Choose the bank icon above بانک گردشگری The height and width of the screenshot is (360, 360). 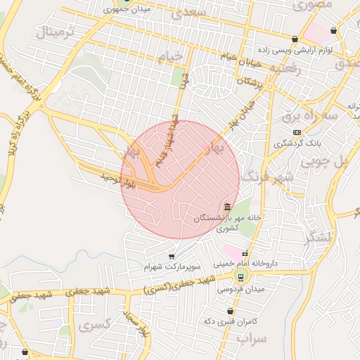[x=297, y=131]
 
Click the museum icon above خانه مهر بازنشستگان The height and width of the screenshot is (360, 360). [x=226, y=207]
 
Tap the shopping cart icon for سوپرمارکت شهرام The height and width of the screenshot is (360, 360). [x=171, y=257]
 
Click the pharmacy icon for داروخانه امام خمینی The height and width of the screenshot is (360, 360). [x=245, y=254]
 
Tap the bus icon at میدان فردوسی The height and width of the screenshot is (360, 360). [x=241, y=276]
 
